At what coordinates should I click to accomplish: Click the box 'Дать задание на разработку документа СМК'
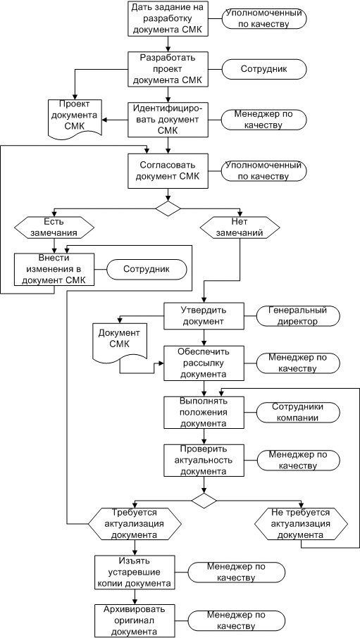point(168,19)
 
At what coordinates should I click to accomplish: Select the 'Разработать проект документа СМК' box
point(168,69)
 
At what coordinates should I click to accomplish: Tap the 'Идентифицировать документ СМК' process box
point(168,120)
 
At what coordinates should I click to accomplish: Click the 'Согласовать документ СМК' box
point(168,171)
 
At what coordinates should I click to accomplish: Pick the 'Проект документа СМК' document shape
point(75,118)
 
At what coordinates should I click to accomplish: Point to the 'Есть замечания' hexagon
point(54,227)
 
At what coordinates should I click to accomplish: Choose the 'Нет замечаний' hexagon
point(239,227)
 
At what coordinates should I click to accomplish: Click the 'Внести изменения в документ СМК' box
point(54,269)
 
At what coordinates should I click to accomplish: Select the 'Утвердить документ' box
point(204,315)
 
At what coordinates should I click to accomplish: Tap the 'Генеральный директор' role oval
point(298,315)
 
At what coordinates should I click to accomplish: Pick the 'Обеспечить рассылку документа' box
point(204,363)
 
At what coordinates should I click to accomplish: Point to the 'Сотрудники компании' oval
point(298,412)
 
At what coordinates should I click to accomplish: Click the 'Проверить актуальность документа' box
point(204,460)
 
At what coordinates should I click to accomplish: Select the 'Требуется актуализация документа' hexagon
point(134,523)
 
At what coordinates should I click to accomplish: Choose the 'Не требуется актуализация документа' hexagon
point(302,523)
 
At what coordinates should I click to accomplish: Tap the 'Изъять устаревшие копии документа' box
point(134,573)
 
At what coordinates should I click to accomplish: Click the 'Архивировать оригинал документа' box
point(134,620)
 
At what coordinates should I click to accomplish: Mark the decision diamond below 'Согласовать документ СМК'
point(168,208)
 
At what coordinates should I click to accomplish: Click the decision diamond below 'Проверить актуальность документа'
point(204,500)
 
